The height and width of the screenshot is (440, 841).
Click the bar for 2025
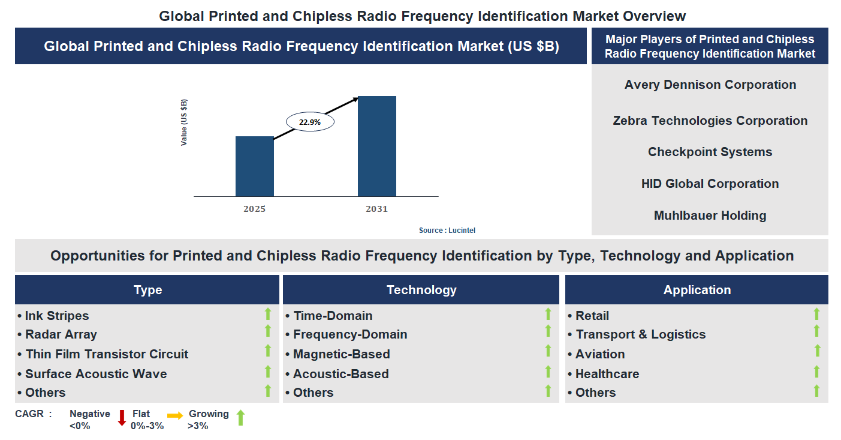(254, 166)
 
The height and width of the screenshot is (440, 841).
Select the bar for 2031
(376, 146)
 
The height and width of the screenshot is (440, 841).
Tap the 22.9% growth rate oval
(310, 122)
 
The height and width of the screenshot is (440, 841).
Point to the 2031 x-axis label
(376, 209)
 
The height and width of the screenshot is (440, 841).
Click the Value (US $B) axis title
(184, 122)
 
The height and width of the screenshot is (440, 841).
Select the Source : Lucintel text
(447, 231)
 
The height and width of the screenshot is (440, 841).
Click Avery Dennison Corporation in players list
(710, 85)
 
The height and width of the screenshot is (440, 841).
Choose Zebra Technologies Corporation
(710, 121)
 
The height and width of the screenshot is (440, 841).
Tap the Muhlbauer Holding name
(710, 215)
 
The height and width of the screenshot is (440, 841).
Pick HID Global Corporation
(710, 184)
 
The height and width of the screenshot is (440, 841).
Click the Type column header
(147, 290)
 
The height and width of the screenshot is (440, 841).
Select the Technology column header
(421, 290)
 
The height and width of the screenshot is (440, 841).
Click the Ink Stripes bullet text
(56, 316)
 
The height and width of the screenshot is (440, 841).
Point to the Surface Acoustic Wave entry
(96, 374)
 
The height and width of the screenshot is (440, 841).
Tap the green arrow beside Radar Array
(268, 331)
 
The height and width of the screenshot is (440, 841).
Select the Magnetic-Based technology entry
(341, 354)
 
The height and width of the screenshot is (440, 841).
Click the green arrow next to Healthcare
(816, 372)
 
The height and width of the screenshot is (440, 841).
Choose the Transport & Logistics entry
(640, 334)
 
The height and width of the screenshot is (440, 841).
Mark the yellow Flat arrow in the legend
(175, 415)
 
